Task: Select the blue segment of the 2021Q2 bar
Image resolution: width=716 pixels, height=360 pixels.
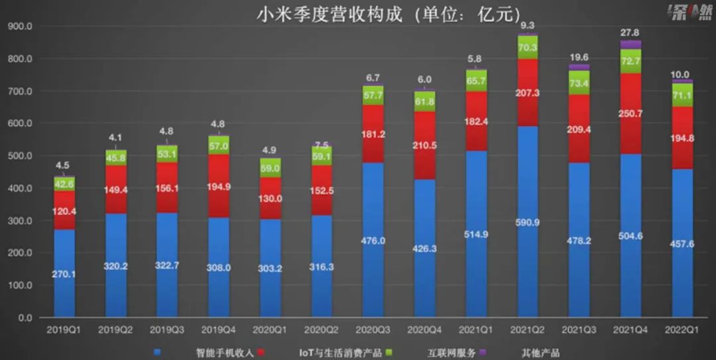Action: click(528, 265)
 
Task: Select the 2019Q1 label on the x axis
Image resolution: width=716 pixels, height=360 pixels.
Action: click(64, 330)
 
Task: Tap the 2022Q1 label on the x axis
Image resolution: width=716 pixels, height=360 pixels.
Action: click(682, 330)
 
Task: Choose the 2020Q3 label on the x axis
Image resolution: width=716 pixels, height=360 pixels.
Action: click(373, 330)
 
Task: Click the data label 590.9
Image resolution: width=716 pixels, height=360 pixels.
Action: click(528, 223)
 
